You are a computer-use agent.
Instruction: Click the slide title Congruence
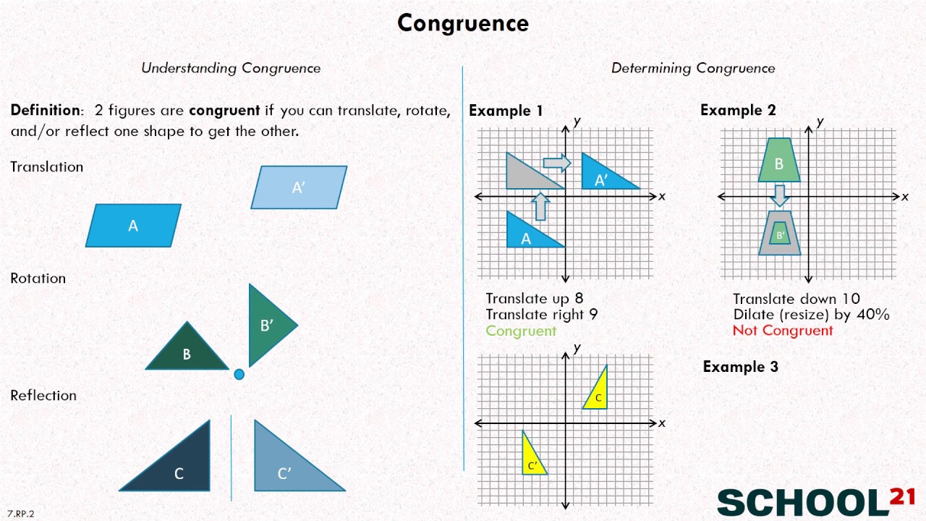pos(463,23)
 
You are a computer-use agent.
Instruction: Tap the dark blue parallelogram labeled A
pos(133,226)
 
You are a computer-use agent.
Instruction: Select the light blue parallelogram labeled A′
pos(299,187)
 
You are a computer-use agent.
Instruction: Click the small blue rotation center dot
pos(239,374)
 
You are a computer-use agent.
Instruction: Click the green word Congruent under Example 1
pos(521,331)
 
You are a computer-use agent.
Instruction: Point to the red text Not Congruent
pos(783,331)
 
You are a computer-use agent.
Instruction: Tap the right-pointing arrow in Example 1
pos(556,163)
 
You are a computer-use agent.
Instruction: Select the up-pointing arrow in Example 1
pos(540,206)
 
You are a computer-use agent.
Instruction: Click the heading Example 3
pos(740,367)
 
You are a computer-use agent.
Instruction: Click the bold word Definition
pos(45,111)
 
